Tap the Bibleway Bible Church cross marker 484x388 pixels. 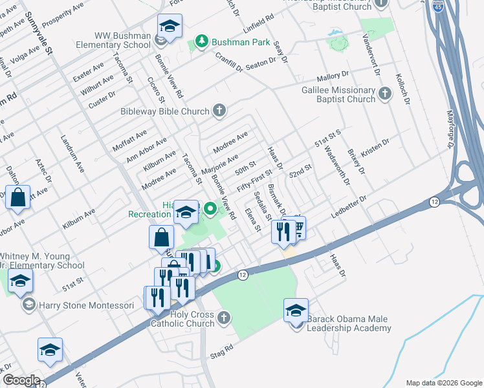pyautogui.click(x=219, y=111)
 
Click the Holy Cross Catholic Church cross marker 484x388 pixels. pyautogui.click(x=223, y=317)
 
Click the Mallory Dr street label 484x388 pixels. pyautogui.click(x=333, y=75)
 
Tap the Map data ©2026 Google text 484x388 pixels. pyautogui.click(x=444, y=383)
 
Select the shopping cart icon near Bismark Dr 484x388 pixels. pyautogui.click(x=298, y=228)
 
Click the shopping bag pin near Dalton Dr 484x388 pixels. pyautogui.click(x=18, y=197)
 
